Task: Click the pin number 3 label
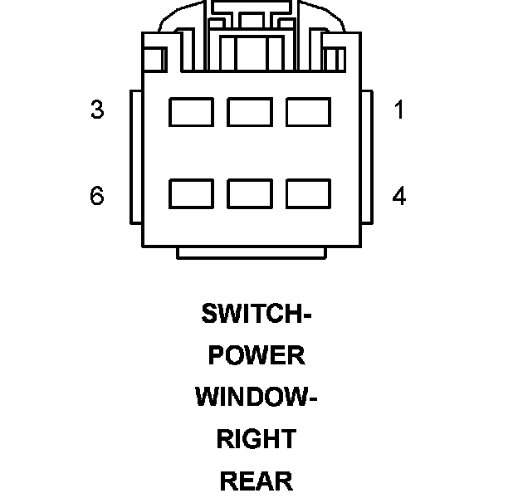(x=97, y=110)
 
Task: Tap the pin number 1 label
(x=399, y=110)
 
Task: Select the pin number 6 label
(x=97, y=196)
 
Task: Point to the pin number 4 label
(x=399, y=196)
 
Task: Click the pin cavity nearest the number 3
(x=191, y=112)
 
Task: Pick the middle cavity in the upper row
(x=250, y=112)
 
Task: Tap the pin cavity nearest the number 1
(x=309, y=112)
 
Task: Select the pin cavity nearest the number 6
(x=191, y=193)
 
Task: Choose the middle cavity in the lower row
(x=250, y=193)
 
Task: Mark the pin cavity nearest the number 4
(x=309, y=193)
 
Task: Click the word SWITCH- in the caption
(x=257, y=314)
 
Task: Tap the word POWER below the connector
(x=257, y=355)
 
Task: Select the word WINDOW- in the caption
(x=257, y=397)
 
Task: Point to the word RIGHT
(x=257, y=438)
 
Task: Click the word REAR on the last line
(x=257, y=481)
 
